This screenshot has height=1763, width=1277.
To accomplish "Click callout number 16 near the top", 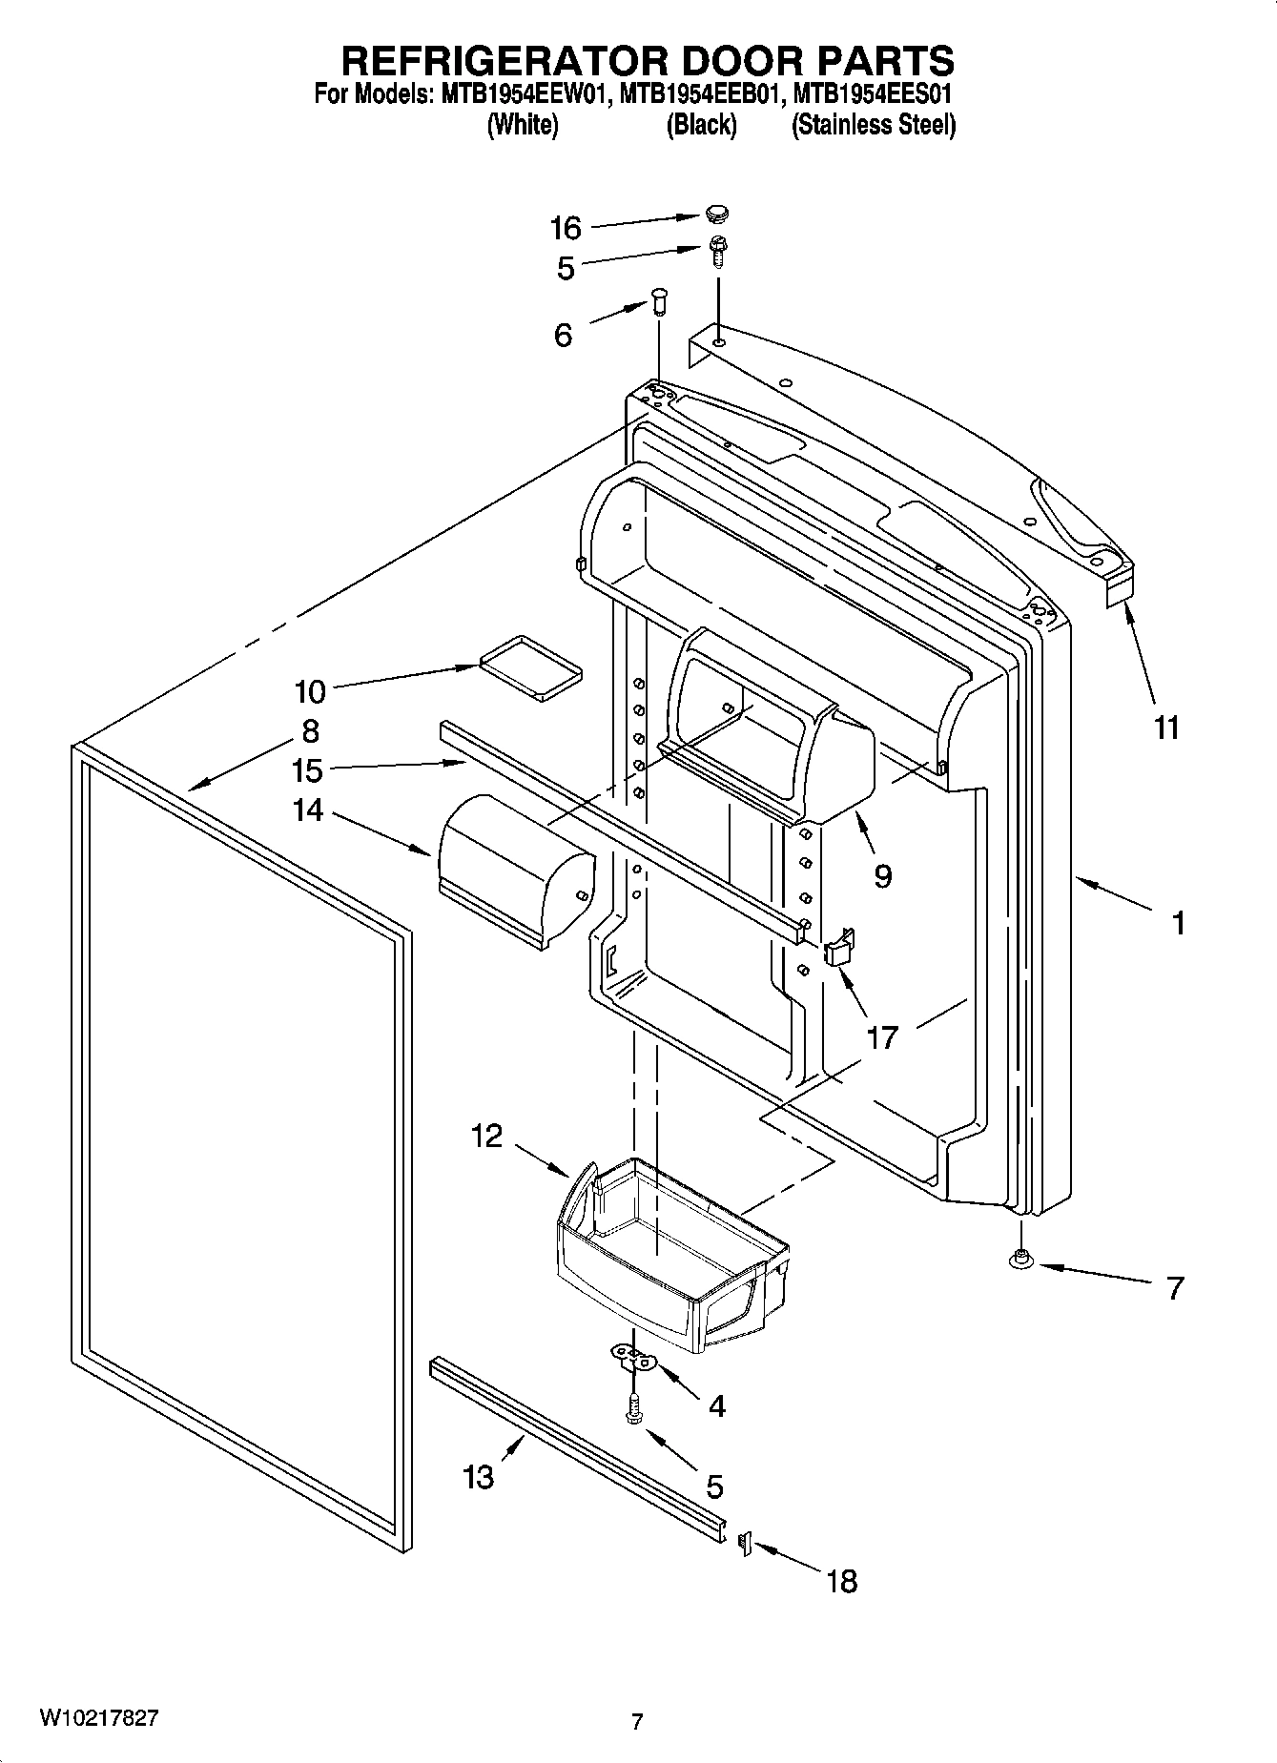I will pyautogui.click(x=565, y=228).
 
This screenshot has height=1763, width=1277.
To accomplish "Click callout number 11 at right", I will pyautogui.click(x=1166, y=728).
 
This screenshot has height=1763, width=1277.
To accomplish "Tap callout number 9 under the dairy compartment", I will pyautogui.click(x=882, y=875).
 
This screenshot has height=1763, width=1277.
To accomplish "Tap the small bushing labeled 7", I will pyautogui.click(x=1020, y=1261).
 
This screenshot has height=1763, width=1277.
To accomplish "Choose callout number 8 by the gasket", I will pyautogui.click(x=310, y=731).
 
